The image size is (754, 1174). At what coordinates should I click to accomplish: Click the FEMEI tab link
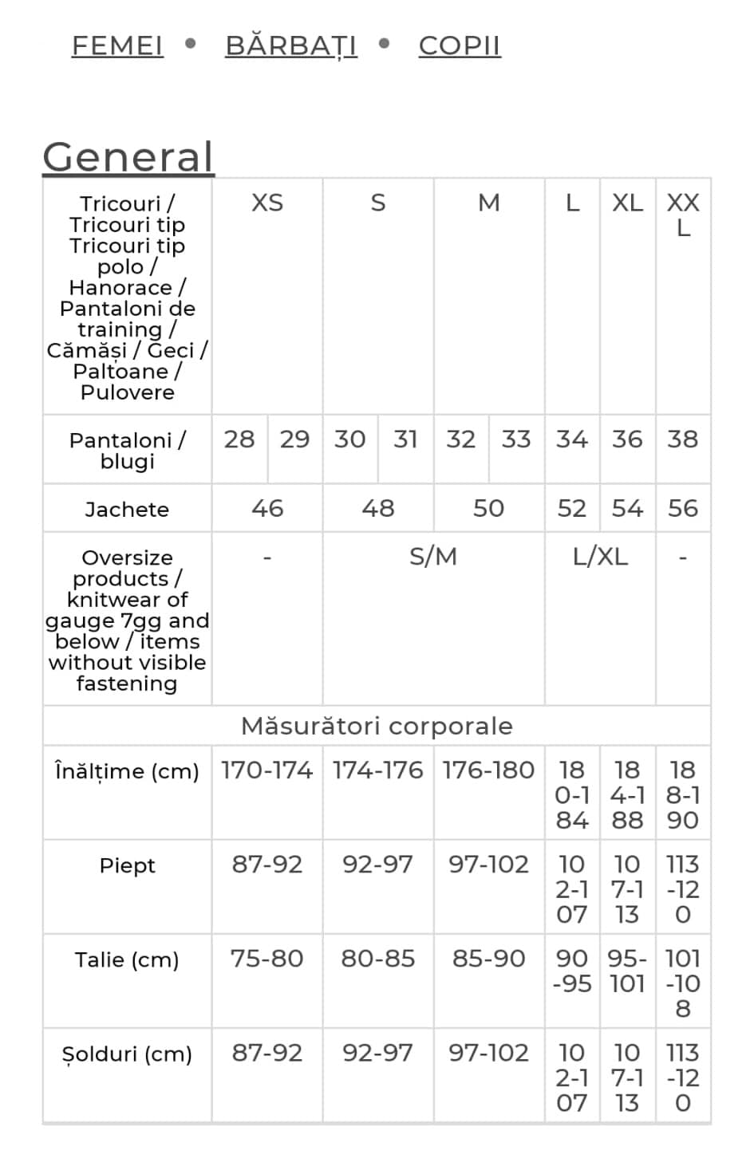117,45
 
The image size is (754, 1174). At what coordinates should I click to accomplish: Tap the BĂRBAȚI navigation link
291,45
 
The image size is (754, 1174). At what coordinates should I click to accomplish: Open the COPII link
460,45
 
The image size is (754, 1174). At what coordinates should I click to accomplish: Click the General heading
128,156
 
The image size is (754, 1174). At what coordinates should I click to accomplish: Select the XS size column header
267,203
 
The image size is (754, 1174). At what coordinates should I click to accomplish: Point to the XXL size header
683,215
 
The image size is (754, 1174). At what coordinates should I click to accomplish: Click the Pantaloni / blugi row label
127,451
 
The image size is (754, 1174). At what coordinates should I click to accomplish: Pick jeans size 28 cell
239,439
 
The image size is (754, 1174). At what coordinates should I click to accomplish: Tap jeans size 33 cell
516,439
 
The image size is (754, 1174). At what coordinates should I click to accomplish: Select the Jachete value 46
267,508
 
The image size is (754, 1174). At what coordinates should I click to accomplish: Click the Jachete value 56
683,508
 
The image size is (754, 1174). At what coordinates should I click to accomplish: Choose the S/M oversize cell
433,556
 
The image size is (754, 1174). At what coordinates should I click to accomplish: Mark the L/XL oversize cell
600,556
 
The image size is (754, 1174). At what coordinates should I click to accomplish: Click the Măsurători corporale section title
377,726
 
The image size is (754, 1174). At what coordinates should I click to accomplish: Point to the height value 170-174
266,770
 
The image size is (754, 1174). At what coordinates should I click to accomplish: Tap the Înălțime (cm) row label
127,771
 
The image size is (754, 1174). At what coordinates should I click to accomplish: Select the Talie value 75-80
266,958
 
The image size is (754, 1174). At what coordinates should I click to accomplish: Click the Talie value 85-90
488,958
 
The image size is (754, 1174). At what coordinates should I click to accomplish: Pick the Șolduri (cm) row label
127,1054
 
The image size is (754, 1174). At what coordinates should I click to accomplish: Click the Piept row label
127,865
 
